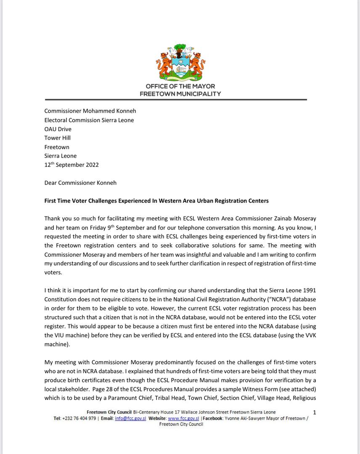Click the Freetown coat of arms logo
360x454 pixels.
click(180, 63)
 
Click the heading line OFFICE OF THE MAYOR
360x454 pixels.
click(180, 87)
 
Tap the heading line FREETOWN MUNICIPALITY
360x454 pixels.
click(180, 94)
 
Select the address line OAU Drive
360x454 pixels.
click(58, 129)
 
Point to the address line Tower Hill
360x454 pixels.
click(58, 138)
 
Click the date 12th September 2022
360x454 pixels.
click(71, 165)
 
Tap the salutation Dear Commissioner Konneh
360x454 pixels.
click(80, 183)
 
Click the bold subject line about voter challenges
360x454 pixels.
click(156, 201)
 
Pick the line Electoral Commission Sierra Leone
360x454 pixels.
click(89, 120)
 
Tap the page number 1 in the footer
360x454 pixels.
click(315, 412)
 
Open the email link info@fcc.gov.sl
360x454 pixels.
click(130, 419)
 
